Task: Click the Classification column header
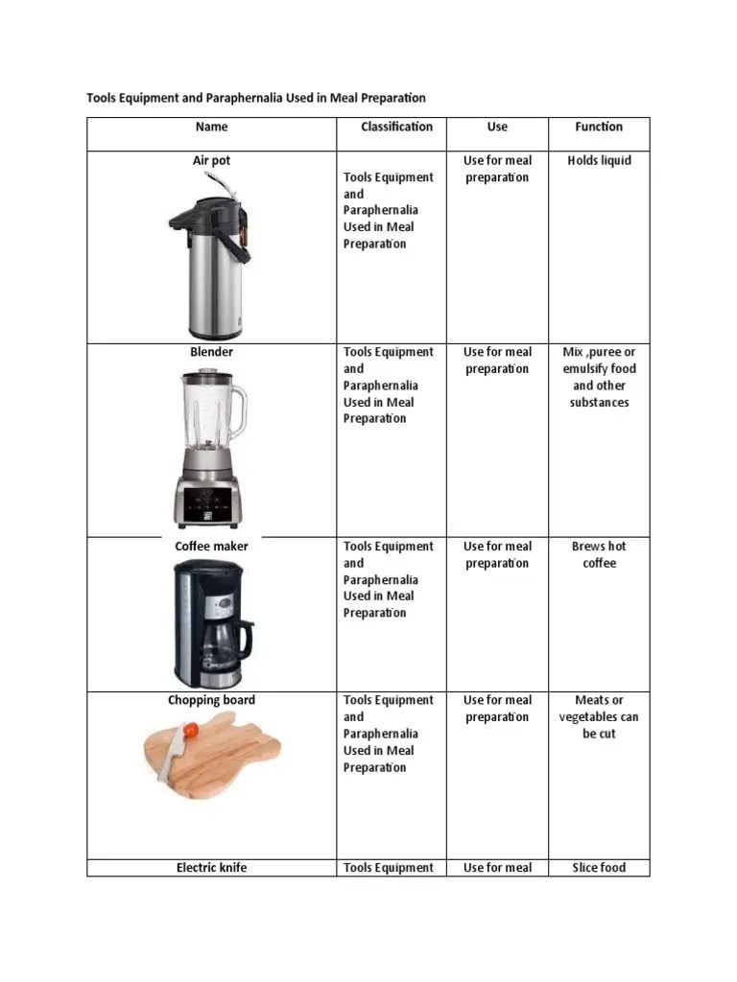pos(396,127)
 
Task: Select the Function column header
pos(599,127)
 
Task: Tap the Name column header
pos(211,127)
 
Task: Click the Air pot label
pos(211,160)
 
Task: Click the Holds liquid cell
pos(599,160)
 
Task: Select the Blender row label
pos(211,352)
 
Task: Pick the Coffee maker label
pos(211,546)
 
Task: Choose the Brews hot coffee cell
pos(599,554)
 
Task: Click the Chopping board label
pos(211,700)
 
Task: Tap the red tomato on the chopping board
pos(191,731)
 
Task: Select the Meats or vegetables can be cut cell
pos(599,716)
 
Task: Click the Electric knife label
pos(211,868)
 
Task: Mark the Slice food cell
pos(599,868)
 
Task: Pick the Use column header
pos(497,127)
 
